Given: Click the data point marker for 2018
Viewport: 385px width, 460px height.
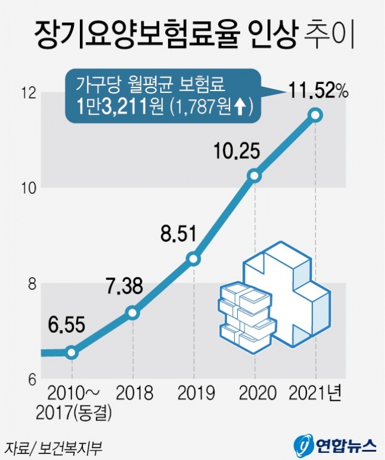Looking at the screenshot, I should click(x=133, y=313).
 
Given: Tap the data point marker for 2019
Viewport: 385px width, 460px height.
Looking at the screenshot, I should click(x=193, y=259).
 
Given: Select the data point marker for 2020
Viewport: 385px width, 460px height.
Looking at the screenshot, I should click(x=254, y=176).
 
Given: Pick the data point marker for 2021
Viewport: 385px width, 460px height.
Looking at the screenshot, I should click(x=316, y=115).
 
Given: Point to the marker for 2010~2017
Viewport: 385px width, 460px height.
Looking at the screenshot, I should click(x=72, y=352).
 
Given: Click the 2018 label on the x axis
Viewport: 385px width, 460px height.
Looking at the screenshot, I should click(x=134, y=393).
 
